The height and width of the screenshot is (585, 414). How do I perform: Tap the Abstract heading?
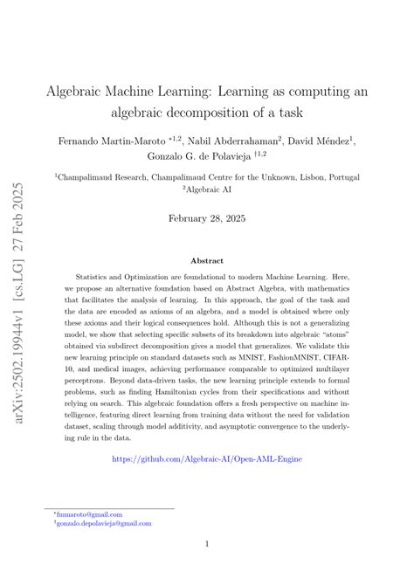point(207,260)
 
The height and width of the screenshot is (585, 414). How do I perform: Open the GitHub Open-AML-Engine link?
point(207,481)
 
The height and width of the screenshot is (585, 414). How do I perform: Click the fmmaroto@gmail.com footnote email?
point(89,515)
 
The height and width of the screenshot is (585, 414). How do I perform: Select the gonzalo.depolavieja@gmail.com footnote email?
point(103,524)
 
